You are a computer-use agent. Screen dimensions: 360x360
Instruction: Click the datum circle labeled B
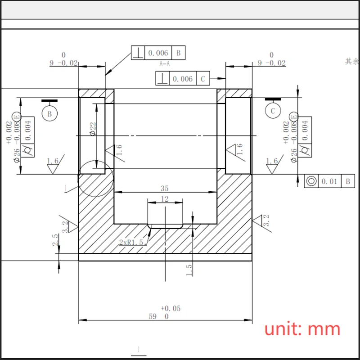tap(49, 114)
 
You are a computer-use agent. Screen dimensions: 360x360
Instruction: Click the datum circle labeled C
tap(273, 111)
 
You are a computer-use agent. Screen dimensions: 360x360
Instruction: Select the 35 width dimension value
tap(165, 188)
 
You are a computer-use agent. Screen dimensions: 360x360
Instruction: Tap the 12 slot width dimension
tap(165, 199)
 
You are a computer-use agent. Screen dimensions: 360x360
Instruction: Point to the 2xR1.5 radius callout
tap(131, 242)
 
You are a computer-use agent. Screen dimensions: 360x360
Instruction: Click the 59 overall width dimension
tap(153, 316)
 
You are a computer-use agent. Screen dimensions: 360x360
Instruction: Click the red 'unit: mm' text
tap(302, 329)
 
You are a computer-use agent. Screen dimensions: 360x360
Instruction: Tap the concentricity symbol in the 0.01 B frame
tap(311, 181)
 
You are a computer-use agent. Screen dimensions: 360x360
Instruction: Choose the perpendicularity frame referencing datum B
tap(158, 53)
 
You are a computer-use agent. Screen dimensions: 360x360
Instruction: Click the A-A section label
tap(165, 64)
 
